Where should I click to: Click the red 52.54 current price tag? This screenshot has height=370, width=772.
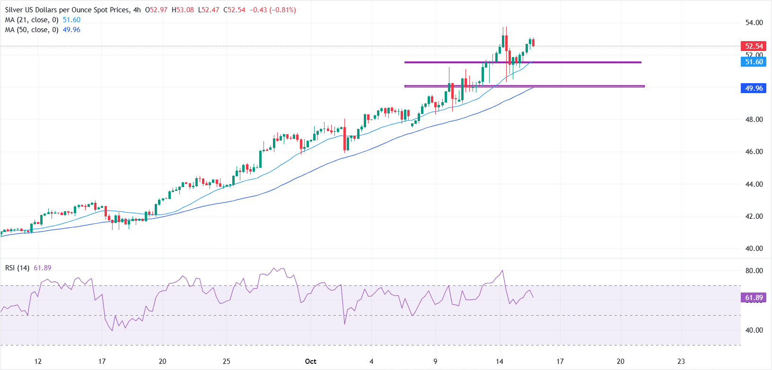[754, 46]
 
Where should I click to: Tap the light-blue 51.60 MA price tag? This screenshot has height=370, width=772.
[754, 62]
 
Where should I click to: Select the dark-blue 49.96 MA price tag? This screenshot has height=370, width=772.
[754, 88]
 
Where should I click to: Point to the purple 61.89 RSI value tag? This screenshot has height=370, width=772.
[754, 298]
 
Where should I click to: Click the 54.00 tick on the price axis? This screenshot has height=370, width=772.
[754, 23]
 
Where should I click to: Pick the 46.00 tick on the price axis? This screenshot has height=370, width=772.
[754, 152]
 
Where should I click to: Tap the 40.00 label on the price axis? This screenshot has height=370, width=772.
[754, 249]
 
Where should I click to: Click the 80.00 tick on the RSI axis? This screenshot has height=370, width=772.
[754, 271]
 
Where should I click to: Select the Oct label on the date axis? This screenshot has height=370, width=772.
[310, 361]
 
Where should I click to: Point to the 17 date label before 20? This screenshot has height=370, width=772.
[102, 361]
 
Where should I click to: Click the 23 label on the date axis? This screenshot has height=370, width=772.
[681, 361]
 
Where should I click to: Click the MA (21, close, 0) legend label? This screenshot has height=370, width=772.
[32, 20]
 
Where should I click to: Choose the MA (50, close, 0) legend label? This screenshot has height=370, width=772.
[32, 30]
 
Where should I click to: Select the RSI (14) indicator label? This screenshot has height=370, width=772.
[17, 268]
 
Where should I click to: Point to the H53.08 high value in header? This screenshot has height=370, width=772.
[183, 10]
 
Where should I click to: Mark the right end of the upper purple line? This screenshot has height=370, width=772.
[641, 62]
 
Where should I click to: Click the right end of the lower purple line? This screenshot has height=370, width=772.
[644, 86]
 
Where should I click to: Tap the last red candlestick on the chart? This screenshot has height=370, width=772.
[533, 43]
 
